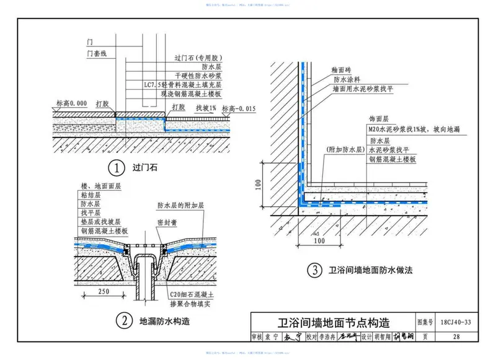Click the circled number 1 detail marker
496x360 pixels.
coord(115,167)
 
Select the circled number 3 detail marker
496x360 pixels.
coord(316,271)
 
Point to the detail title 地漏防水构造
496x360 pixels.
coord(164,321)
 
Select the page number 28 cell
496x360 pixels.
coord(457,337)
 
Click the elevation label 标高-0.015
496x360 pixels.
coord(239,109)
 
